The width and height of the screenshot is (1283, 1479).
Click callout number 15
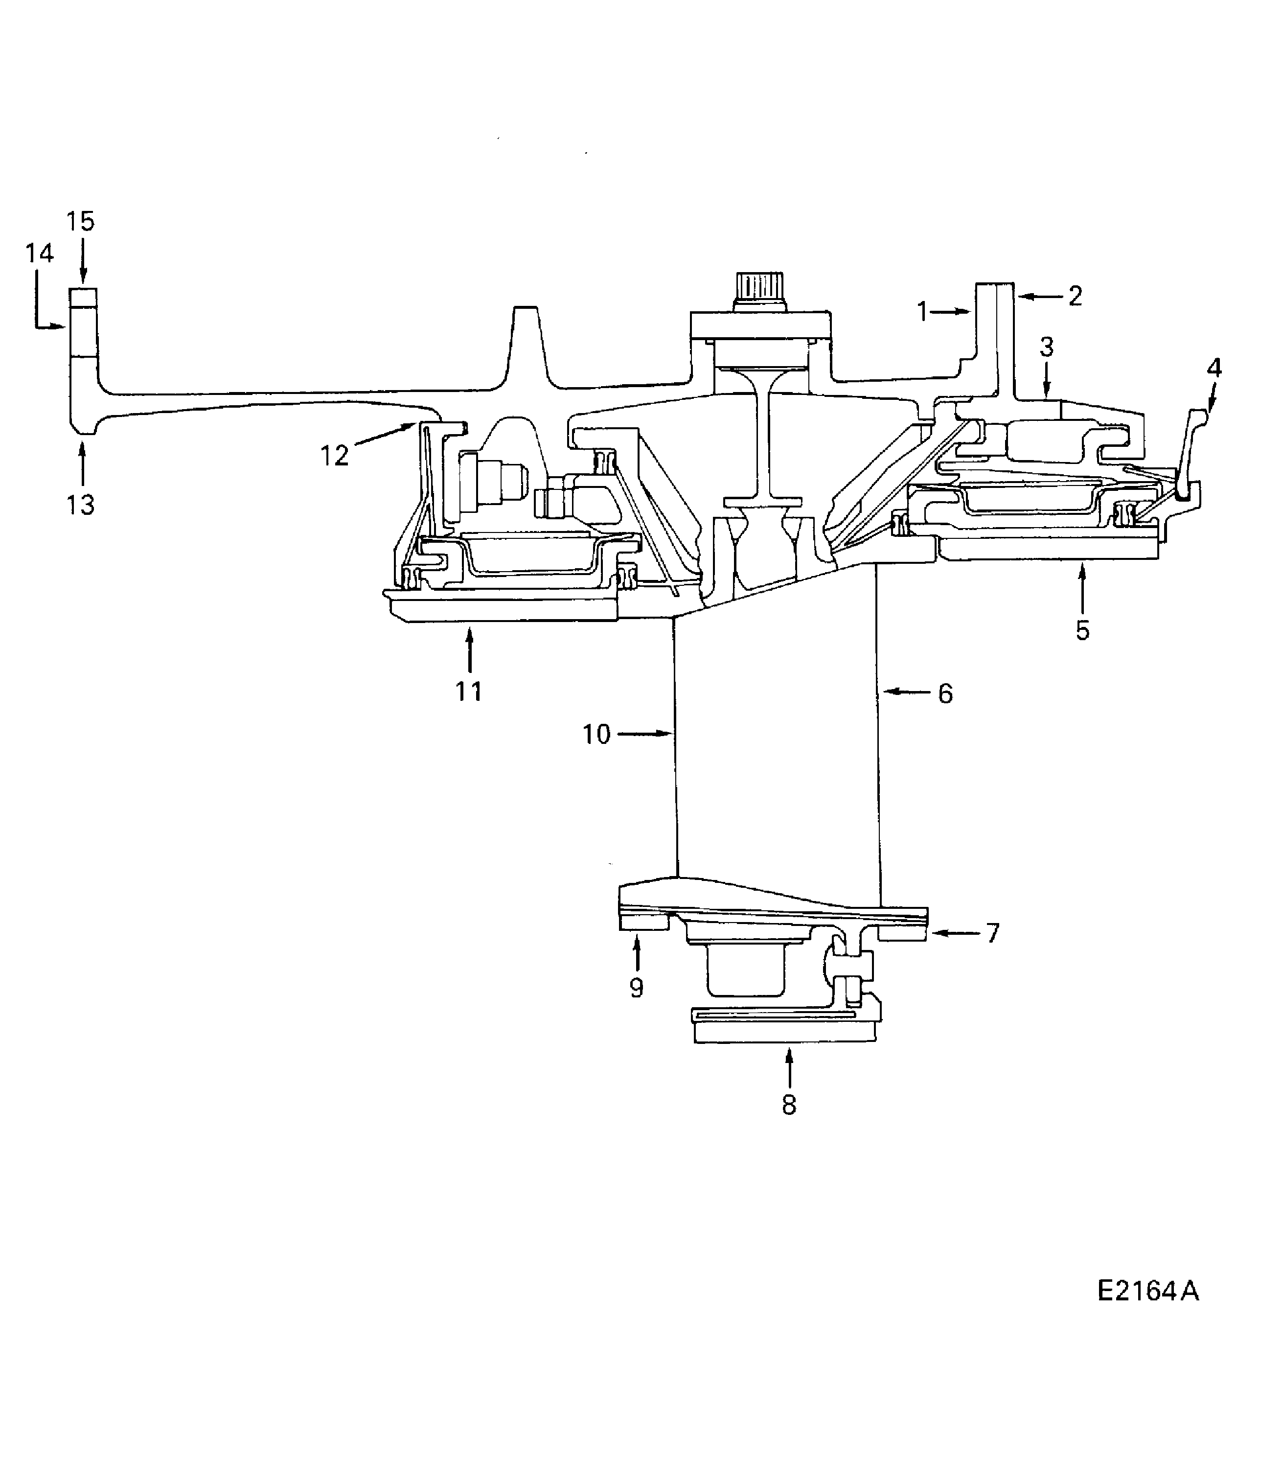[80, 221]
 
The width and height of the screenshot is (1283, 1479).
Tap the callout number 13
[81, 505]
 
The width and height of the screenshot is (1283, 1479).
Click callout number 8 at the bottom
[789, 1105]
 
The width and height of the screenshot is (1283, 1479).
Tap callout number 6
[945, 693]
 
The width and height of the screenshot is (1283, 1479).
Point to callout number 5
[1082, 630]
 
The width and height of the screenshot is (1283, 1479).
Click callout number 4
[1214, 368]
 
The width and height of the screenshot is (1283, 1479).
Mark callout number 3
[1046, 347]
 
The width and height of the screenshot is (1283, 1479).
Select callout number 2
[1075, 296]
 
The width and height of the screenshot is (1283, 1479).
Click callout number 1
[922, 312]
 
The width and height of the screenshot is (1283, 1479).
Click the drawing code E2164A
[1147, 1291]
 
